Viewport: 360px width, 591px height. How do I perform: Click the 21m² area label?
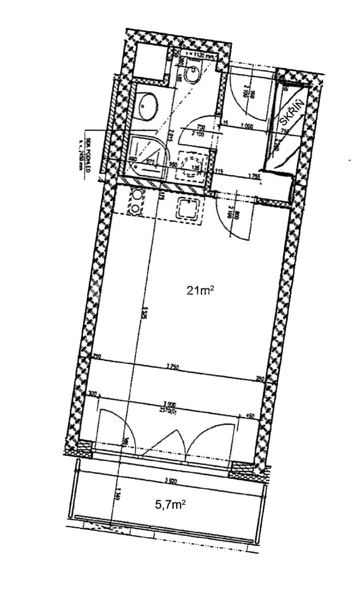[200, 291]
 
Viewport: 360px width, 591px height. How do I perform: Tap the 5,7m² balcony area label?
[170, 504]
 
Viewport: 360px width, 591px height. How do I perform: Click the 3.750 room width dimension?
[172, 366]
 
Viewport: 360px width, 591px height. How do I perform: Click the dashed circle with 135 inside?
[192, 164]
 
